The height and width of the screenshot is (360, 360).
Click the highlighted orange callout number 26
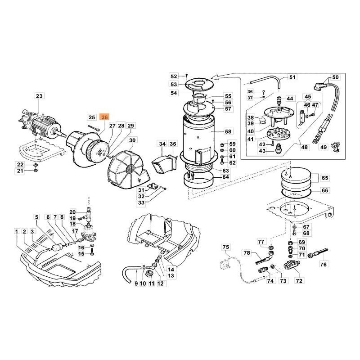[x=104, y=117]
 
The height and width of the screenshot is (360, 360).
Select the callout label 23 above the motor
[x=39, y=96]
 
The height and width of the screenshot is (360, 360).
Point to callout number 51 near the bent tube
[x=292, y=77]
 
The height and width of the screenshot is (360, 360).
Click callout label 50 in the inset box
[x=335, y=77]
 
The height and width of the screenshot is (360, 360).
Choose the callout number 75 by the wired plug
[x=226, y=247]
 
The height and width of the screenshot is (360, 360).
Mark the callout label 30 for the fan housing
[x=132, y=140]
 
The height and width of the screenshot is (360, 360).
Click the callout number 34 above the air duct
[x=162, y=144]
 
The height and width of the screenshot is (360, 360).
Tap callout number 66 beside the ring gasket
[x=325, y=190]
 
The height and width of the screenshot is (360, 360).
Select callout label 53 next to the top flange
[x=174, y=84]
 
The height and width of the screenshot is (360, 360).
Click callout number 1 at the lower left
[x=17, y=232]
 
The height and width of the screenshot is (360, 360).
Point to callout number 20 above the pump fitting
[x=72, y=212]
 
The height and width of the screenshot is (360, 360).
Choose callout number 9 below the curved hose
[x=136, y=284]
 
